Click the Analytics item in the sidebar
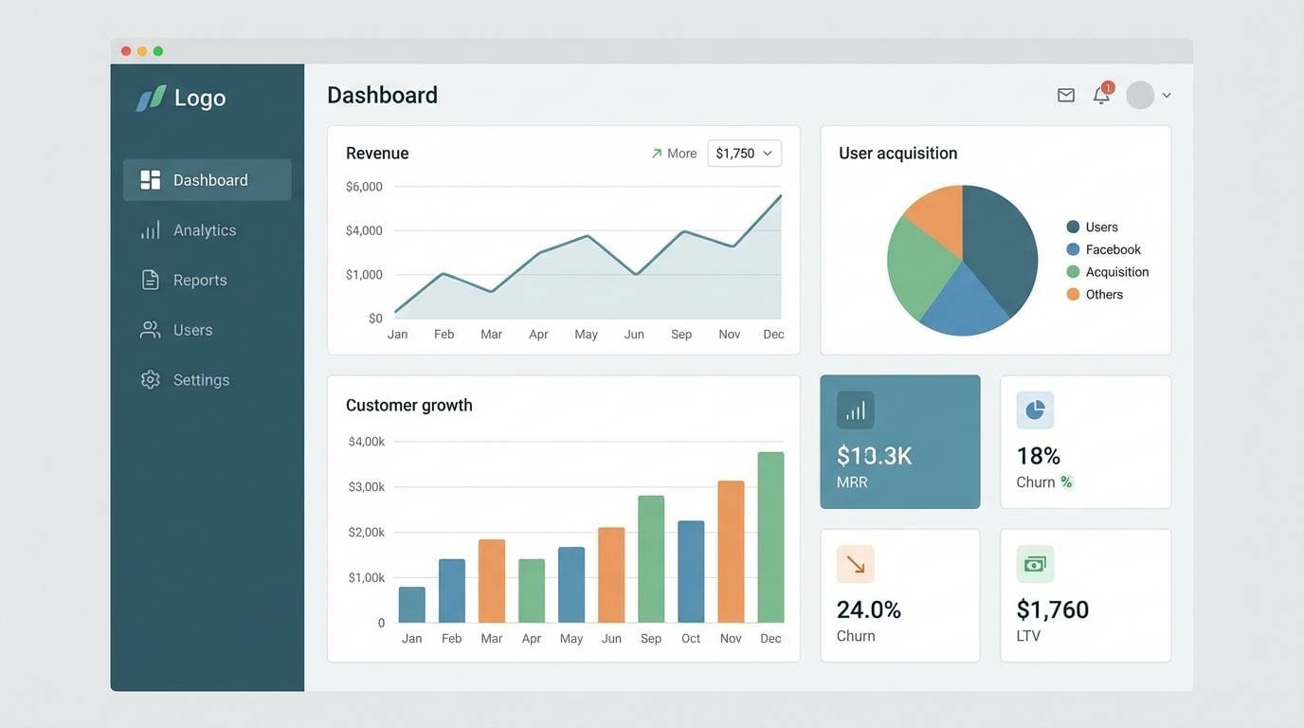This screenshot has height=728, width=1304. pyautogui.click(x=204, y=230)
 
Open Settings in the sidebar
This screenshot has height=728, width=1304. pyautogui.click(x=201, y=380)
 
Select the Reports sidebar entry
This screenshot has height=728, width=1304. pyautogui.click(x=199, y=281)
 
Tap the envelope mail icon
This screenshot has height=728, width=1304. pyautogui.click(x=1066, y=95)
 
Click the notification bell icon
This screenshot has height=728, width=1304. pyautogui.click(x=1101, y=95)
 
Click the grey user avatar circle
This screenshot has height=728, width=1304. pyautogui.click(x=1140, y=95)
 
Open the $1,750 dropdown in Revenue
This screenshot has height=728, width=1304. pyautogui.click(x=744, y=154)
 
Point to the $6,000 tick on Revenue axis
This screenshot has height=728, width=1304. pyautogui.click(x=364, y=187)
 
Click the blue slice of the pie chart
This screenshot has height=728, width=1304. pyautogui.click(x=961, y=302)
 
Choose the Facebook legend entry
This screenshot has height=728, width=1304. pyautogui.click(x=1113, y=249)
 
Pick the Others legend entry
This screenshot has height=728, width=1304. pyautogui.click(x=1104, y=295)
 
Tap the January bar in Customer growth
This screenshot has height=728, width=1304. pyautogui.click(x=411, y=605)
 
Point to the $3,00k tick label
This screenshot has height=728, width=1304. pyautogui.click(x=367, y=487)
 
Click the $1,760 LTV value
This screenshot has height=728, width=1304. pyautogui.click(x=1052, y=610)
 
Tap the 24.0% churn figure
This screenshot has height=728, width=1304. pyautogui.click(x=868, y=610)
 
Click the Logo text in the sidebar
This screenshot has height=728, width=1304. pyautogui.click(x=200, y=98)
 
